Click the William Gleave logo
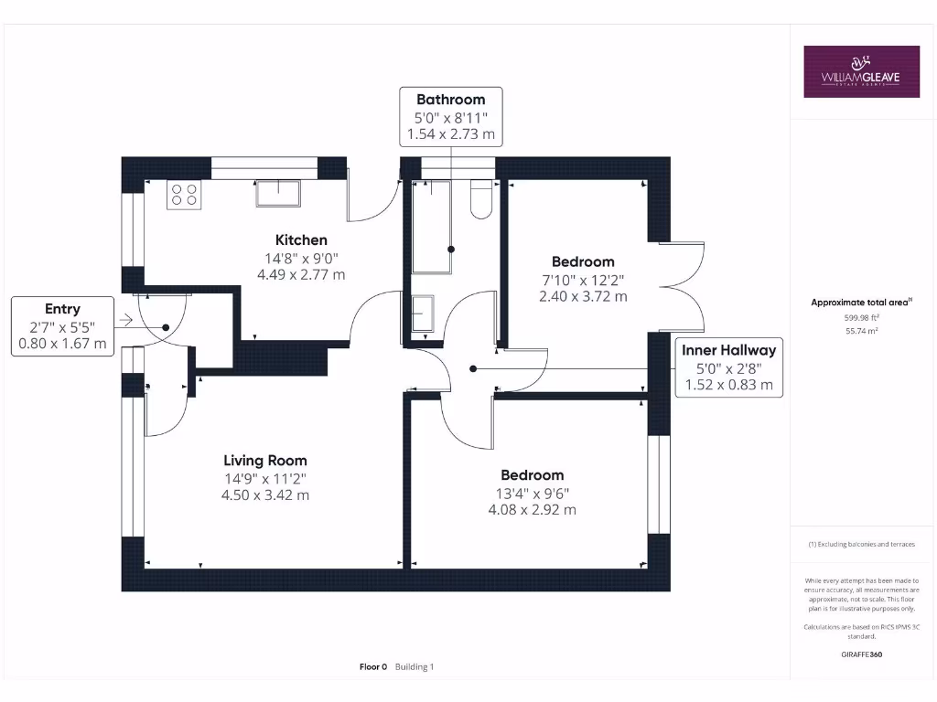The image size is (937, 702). click(861, 71)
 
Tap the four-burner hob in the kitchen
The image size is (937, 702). click(184, 195)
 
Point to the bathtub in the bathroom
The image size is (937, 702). click(431, 228)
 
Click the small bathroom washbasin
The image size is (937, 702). click(423, 314)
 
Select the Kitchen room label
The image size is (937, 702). click(301, 240)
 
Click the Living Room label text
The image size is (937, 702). click(265, 461)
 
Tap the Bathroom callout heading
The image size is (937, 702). click(450, 100)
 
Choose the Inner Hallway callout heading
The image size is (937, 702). click(728, 350)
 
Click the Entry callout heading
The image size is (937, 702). click(62, 310)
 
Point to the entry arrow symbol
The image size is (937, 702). click(124, 320)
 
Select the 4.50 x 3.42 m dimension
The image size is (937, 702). click(266, 495)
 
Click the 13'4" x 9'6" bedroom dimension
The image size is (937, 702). click(532, 493)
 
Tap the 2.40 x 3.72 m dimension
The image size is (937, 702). click(583, 296)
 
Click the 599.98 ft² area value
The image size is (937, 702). click(860, 317)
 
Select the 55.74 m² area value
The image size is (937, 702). click(860, 332)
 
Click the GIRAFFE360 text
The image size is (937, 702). click(861, 654)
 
